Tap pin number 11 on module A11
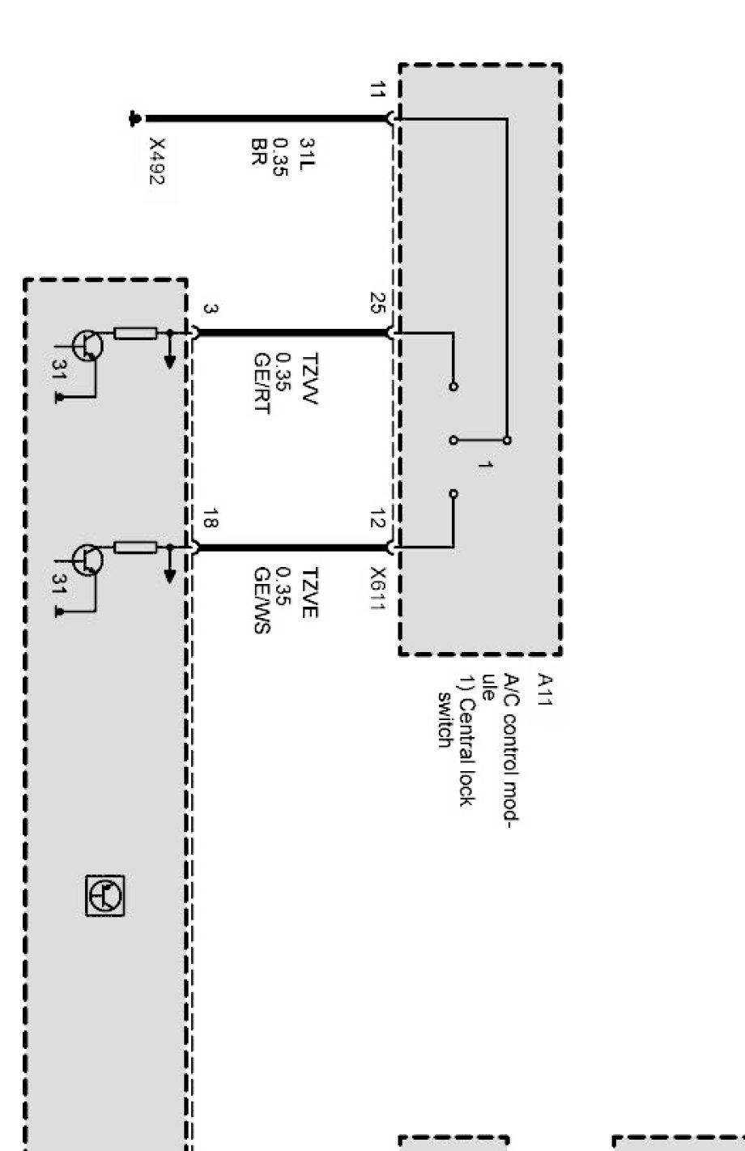377,89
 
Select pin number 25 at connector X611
377,303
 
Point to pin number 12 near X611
377,519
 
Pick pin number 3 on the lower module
209,309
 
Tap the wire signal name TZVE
309,593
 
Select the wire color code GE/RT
261,383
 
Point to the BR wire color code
259,151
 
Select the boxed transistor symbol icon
106,895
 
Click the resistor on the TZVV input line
135,333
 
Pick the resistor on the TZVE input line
135,548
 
